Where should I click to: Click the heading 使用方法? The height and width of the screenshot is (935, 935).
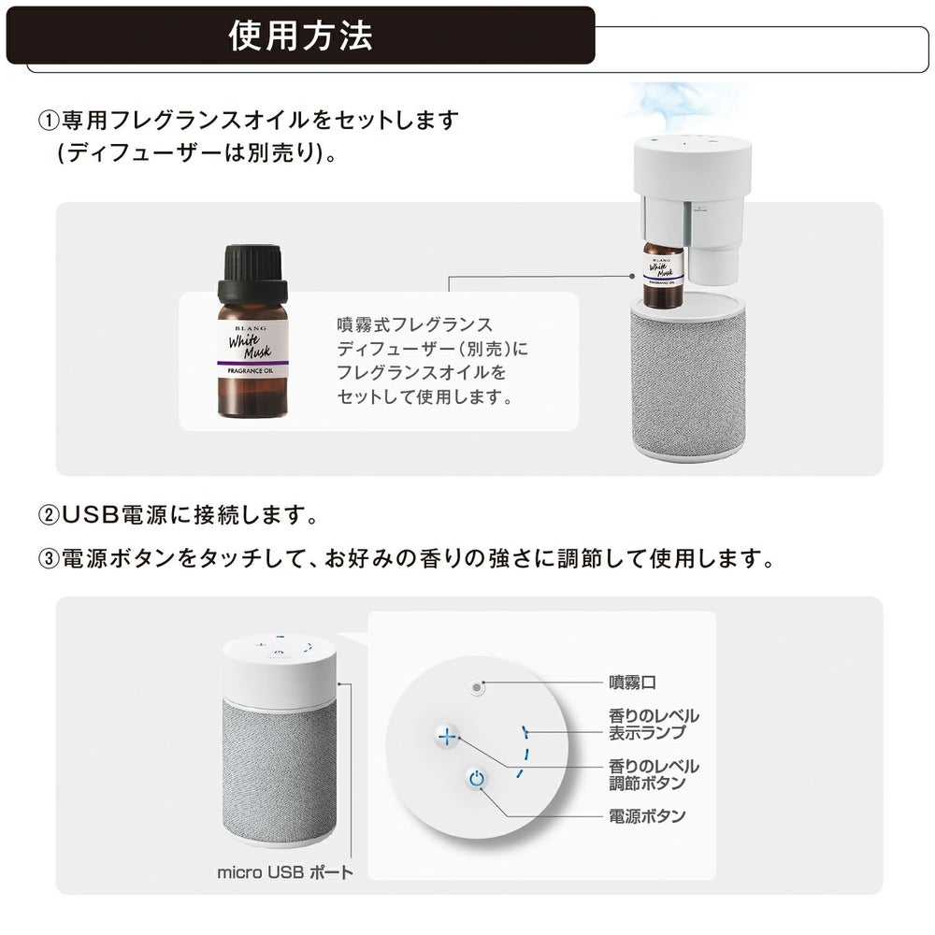tap(301, 35)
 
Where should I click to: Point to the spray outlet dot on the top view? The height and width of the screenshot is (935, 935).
tap(477, 686)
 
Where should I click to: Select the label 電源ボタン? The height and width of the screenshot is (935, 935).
tap(647, 816)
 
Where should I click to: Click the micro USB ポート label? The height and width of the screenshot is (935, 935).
tap(285, 872)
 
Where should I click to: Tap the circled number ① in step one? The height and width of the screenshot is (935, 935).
tap(48, 121)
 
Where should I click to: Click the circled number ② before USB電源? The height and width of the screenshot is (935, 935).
tap(48, 515)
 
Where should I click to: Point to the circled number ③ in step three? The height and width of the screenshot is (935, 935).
tap(48, 559)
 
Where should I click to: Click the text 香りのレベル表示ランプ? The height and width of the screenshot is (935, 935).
tap(654, 724)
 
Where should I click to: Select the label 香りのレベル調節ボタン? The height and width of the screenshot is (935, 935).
tap(654, 773)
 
